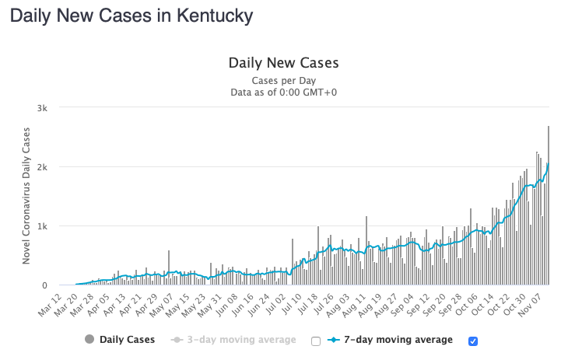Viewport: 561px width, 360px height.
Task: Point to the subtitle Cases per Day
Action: point(282,80)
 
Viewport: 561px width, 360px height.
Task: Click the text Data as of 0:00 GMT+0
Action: point(282,92)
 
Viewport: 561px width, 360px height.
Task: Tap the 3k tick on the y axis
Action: point(48,108)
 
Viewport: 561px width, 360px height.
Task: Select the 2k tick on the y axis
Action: point(48,167)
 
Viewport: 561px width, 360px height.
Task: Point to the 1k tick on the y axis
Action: point(48,226)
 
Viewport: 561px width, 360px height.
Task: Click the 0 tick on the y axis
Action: point(51,285)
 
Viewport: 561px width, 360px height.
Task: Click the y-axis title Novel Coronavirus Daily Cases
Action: point(26,197)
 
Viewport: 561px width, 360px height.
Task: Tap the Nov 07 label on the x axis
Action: point(536,304)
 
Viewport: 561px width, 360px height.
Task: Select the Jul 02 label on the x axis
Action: point(276,304)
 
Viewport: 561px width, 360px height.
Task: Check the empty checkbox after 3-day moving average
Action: point(315,341)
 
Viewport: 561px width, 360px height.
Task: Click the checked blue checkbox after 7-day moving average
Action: point(472,341)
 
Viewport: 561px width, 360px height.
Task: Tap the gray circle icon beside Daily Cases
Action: point(89,340)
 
